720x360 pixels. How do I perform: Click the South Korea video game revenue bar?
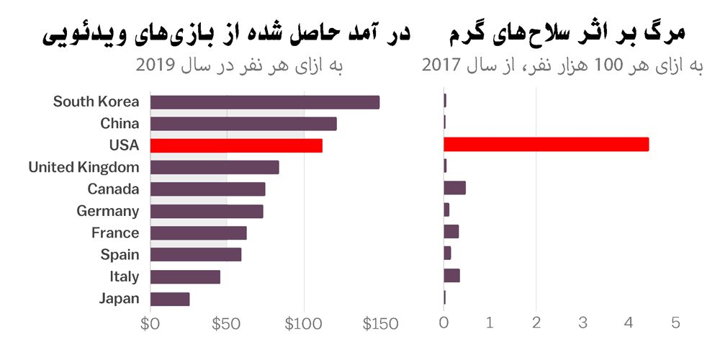[264, 102]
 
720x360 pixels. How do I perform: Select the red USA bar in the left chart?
[236, 145]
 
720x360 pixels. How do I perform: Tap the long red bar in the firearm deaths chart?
[546, 145]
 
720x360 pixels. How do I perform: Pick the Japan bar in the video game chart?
[170, 299]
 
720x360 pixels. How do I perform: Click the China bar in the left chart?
[243, 124]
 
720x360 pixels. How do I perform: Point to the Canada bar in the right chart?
[454, 188]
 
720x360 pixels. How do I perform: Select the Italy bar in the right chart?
[451, 275]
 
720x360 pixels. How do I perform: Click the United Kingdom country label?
[84, 168]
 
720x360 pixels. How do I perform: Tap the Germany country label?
[108, 211]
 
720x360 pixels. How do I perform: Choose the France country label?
[115, 233]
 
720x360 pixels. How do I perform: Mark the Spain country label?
[120, 254]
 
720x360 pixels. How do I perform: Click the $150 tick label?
[379, 324]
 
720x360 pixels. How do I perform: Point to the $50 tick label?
[226, 324]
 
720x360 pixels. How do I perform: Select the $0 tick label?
[150, 324]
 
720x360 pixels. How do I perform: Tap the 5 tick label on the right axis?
[675, 323]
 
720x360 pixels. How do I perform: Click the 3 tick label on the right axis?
[582, 323]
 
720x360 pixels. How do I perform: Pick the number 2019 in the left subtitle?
[156, 66]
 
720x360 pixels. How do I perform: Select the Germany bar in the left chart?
[207, 211]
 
